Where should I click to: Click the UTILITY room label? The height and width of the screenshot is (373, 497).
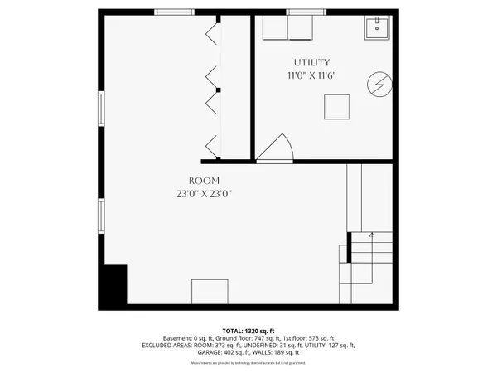click(x=311, y=62)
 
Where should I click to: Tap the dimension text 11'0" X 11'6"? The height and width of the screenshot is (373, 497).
click(x=311, y=75)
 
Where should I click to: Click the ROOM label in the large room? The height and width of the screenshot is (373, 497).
click(x=204, y=180)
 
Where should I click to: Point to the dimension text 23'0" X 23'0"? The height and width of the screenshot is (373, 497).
click(x=204, y=194)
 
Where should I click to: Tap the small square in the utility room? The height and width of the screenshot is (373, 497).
click(x=337, y=108)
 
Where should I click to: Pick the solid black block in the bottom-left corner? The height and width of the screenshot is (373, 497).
click(x=113, y=285)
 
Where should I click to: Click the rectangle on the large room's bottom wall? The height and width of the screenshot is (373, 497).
click(x=210, y=293)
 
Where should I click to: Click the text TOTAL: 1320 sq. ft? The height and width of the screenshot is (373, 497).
click(x=248, y=331)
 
